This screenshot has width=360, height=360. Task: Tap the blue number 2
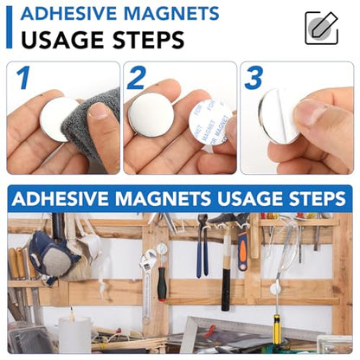tap(137, 79)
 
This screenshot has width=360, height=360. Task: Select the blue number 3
tap(253, 78)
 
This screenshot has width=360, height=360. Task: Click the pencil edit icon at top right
tap(321, 28)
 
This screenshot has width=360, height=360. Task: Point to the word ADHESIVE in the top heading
tap(67, 13)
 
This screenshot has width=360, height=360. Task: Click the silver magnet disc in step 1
tap(60, 119)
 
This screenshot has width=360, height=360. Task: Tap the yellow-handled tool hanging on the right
tap(277, 329)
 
